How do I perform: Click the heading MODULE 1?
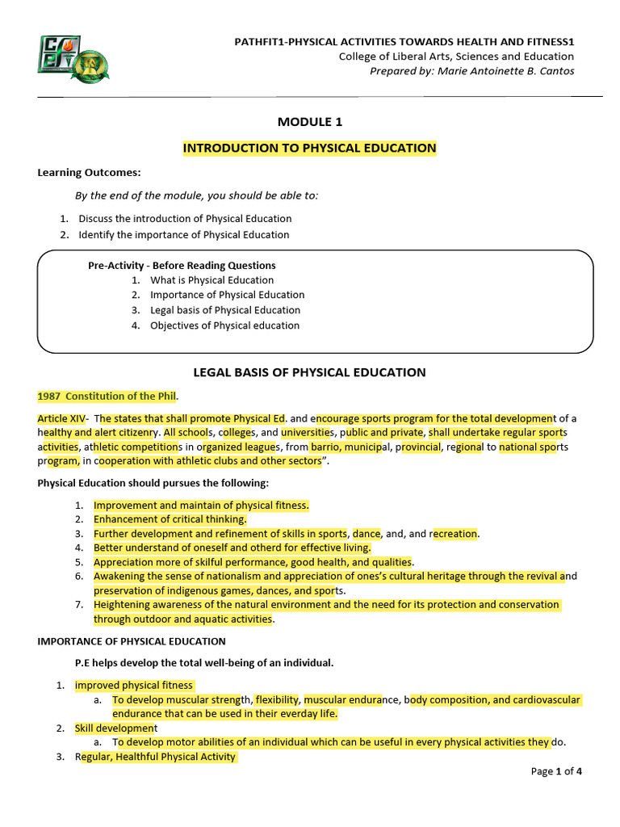point(310,122)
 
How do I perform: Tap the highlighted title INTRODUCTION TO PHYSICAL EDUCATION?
point(310,148)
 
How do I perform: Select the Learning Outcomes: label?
point(89,172)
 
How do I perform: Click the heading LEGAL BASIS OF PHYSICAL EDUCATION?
point(309,372)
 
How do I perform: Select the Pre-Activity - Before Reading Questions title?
point(182,265)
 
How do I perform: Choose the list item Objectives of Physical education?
point(224,325)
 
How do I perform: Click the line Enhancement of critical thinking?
point(170,519)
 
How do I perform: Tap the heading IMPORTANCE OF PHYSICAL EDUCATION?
point(132,641)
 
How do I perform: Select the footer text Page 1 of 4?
point(556,771)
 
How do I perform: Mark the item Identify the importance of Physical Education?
point(183,235)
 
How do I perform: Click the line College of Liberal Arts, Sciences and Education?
point(456,57)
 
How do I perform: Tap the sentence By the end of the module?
point(196,195)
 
